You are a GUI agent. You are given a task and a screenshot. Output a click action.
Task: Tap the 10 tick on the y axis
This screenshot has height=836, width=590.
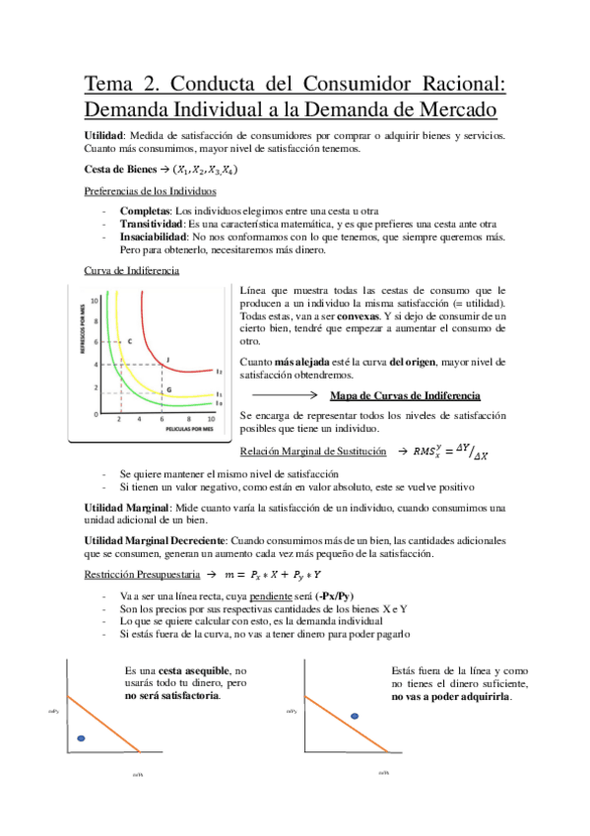click(x=96, y=298)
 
